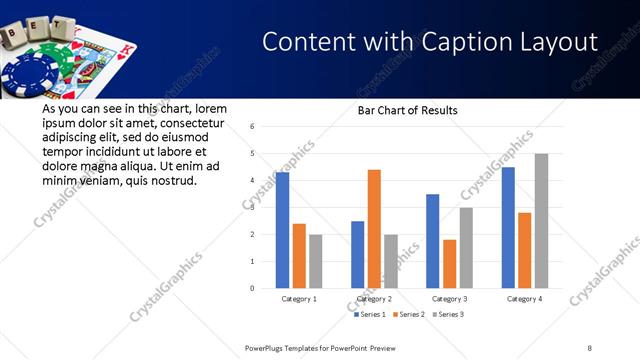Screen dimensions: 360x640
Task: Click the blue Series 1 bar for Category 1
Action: click(283, 230)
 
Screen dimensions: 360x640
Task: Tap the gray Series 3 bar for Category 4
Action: click(541, 221)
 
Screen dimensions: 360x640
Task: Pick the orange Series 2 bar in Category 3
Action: click(450, 264)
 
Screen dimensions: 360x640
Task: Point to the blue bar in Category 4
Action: click(508, 228)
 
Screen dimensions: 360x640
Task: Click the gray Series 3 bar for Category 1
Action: click(315, 261)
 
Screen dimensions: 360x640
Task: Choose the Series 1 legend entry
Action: click(372, 314)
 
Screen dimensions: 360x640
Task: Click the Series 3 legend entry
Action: click(450, 314)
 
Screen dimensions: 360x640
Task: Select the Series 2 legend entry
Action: click(411, 314)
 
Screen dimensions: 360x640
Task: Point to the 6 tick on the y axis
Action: click(253, 127)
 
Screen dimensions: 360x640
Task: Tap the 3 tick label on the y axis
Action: click(253, 208)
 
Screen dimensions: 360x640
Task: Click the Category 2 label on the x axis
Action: click(374, 298)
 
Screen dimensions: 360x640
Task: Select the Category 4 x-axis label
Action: click(525, 298)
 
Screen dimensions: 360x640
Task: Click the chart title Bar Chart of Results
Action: click(408, 110)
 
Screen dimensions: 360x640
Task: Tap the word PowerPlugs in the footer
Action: click(268, 347)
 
